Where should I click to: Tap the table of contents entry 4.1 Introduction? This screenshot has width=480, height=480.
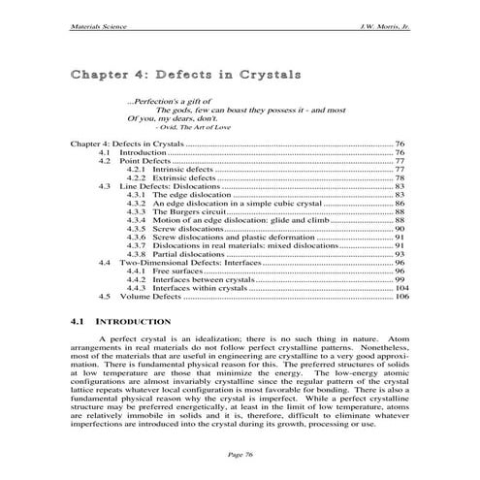[x=143, y=152]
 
